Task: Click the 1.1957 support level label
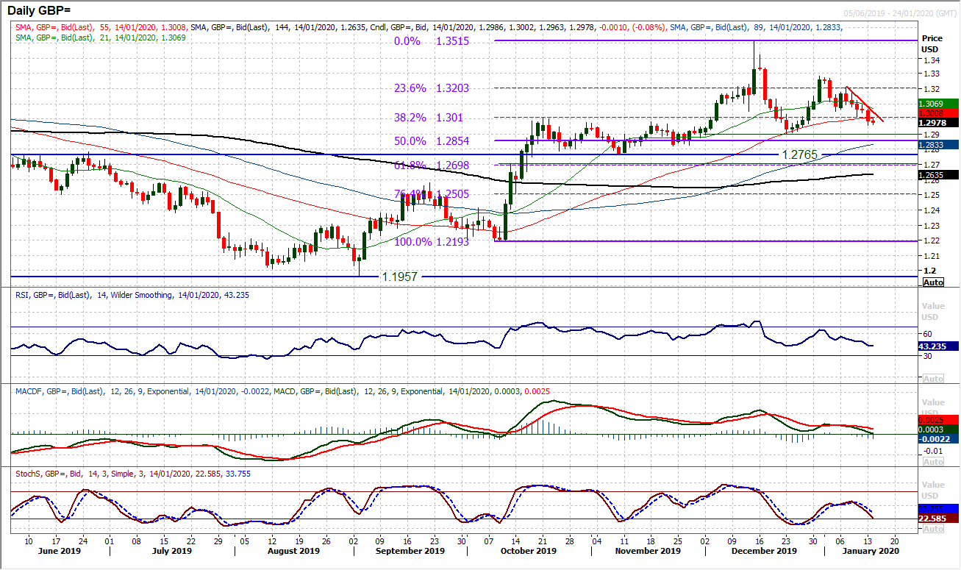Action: (x=400, y=277)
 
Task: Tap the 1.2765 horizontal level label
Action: (x=801, y=156)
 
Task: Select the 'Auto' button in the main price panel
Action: (x=933, y=282)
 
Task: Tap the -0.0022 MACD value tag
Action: (x=933, y=439)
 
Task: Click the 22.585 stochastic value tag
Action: (x=933, y=519)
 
